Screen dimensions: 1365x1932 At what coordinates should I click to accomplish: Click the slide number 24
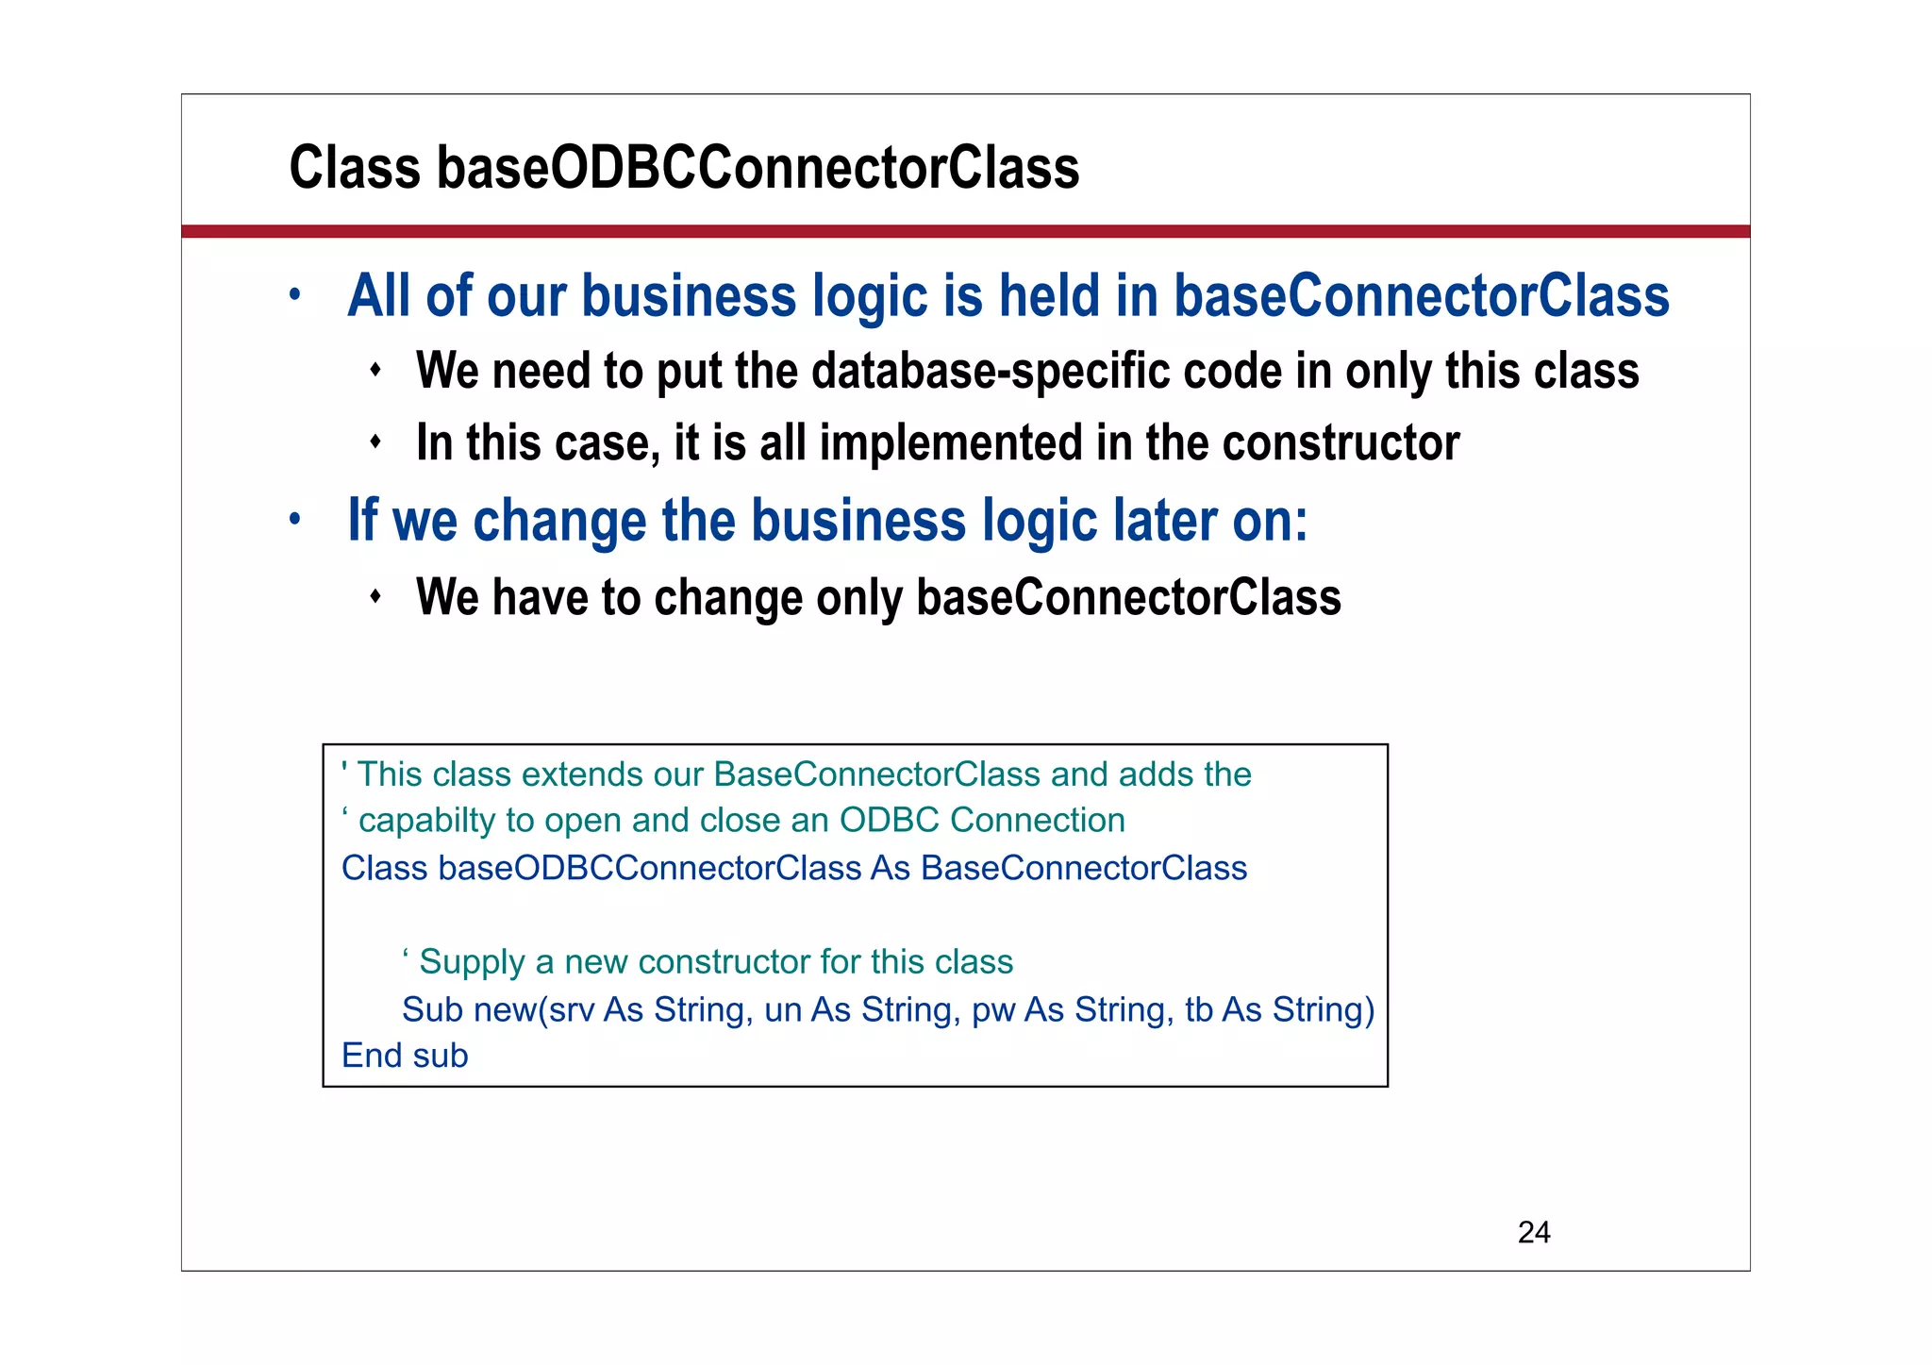pyautogui.click(x=1533, y=1232)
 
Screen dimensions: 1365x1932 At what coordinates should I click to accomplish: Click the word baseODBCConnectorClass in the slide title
pyautogui.click(x=757, y=168)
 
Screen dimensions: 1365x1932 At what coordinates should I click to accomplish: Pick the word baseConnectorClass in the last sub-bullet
pyautogui.click(x=1128, y=597)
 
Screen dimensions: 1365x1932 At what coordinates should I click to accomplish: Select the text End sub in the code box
pyautogui.click(x=405, y=1056)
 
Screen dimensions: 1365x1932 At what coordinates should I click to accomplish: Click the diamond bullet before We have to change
pyautogui.click(x=375, y=596)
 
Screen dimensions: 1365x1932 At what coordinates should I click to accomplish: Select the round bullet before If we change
pyautogui.click(x=294, y=519)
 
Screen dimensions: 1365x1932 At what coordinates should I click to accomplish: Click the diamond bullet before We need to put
pyautogui.click(x=375, y=369)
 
